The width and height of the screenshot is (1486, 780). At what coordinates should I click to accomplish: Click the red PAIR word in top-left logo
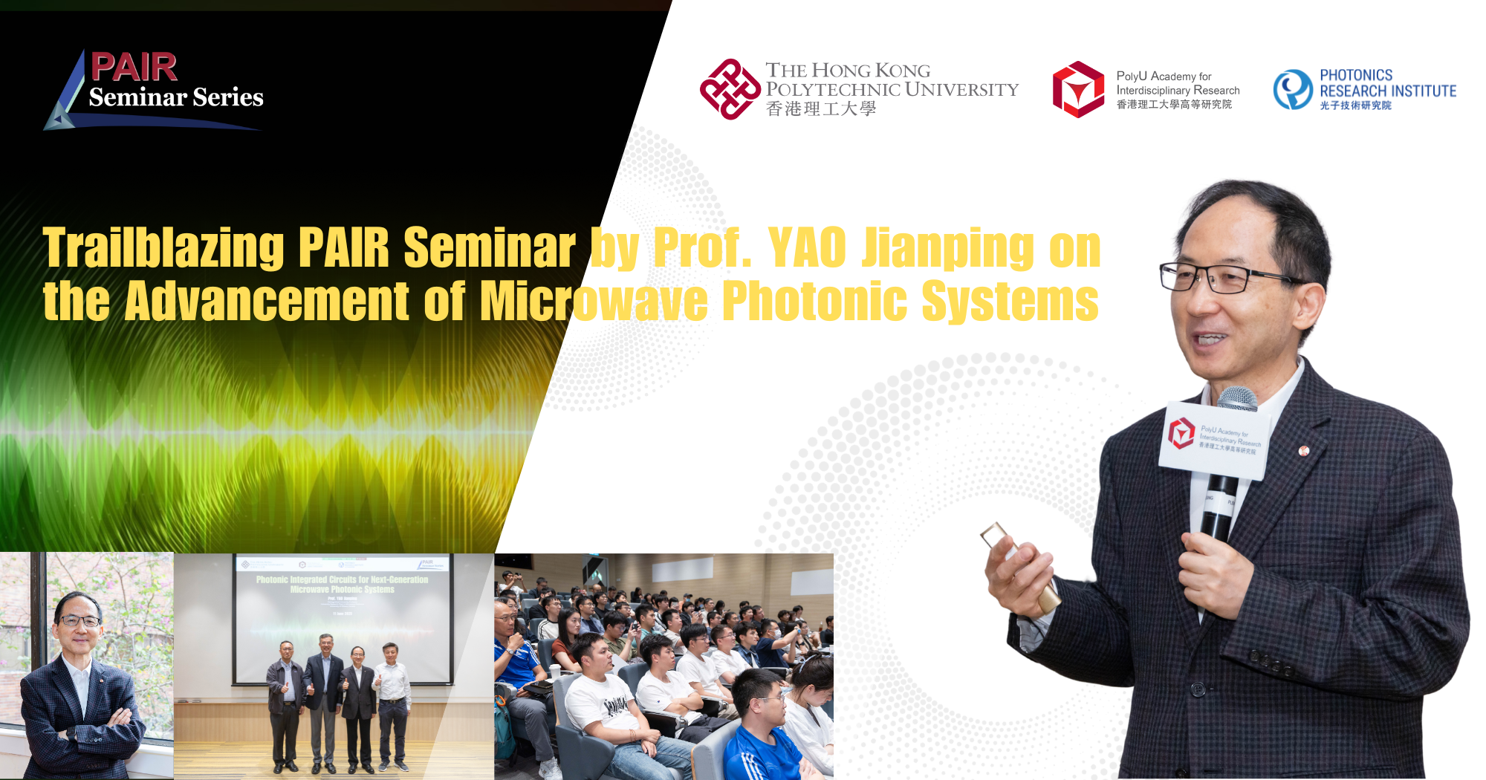pyautogui.click(x=134, y=68)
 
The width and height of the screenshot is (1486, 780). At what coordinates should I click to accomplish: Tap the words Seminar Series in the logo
pyautogui.click(x=176, y=97)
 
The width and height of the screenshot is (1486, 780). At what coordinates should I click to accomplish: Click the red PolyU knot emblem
pyautogui.click(x=729, y=89)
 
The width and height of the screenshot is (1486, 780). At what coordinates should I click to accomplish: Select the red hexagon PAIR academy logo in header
pyautogui.click(x=1078, y=89)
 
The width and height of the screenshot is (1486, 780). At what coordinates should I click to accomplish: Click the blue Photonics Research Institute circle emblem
pyautogui.click(x=1293, y=90)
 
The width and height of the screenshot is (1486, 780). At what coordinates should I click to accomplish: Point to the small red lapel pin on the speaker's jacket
pyautogui.click(x=1302, y=450)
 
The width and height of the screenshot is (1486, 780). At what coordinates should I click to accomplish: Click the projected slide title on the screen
pyautogui.click(x=342, y=584)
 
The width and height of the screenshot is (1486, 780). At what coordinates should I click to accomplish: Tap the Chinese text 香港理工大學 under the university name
pyautogui.click(x=821, y=109)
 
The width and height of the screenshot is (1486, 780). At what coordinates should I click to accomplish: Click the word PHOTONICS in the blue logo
pyautogui.click(x=1356, y=75)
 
